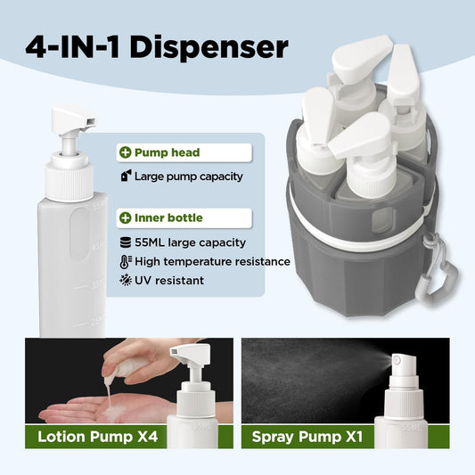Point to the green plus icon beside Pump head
(x=126, y=153)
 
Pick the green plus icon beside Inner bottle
(x=126, y=217)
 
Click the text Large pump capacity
(x=189, y=176)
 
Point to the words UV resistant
(x=169, y=281)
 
